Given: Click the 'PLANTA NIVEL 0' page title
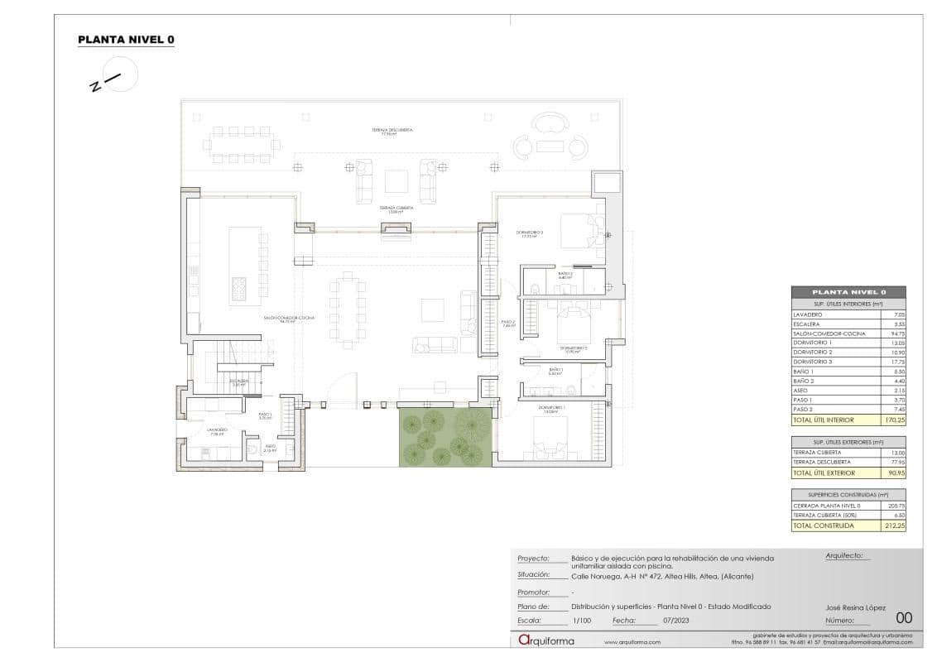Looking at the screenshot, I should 126,39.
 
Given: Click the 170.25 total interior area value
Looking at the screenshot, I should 892,420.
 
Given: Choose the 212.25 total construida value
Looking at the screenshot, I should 892,525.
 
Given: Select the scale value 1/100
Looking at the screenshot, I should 582,619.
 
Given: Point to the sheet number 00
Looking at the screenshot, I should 904,617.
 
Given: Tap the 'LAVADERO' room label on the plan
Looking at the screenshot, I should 217,430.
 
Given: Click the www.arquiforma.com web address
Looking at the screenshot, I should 632,642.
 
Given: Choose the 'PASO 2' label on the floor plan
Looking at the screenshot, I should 508,324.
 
